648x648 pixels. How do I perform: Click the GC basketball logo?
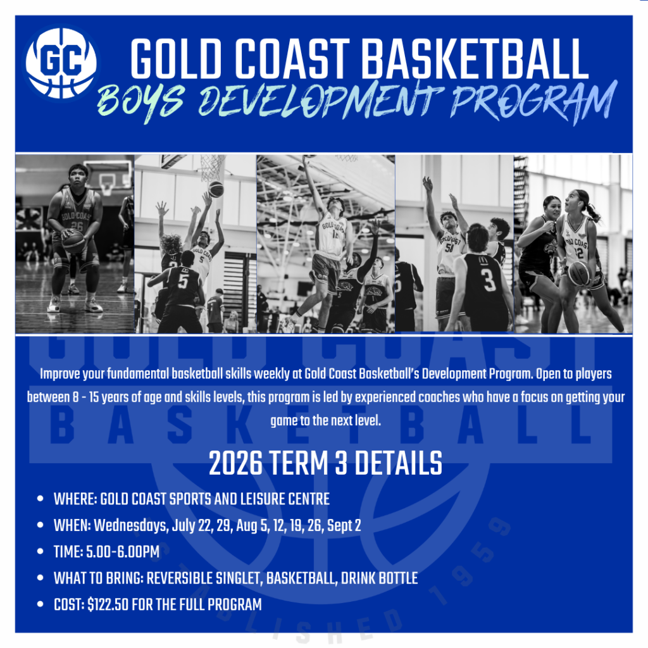tap(61, 63)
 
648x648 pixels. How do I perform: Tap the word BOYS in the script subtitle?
tap(141, 101)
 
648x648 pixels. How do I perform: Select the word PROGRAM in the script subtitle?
tap(533, 101)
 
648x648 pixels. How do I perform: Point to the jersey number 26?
tap(77, 226)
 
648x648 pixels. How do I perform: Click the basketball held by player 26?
tap(74, 241)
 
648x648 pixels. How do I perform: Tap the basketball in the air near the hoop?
tap(216, 189)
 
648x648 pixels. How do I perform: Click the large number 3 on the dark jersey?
tap(489, 279)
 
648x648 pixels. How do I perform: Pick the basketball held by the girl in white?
tap(579, 273)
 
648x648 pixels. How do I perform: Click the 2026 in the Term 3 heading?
tap(235, 463)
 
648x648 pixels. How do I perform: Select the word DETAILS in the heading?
tap(399, 463)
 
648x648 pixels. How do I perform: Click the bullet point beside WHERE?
tap(40, 499)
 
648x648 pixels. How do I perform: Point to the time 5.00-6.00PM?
tap(123, 552)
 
